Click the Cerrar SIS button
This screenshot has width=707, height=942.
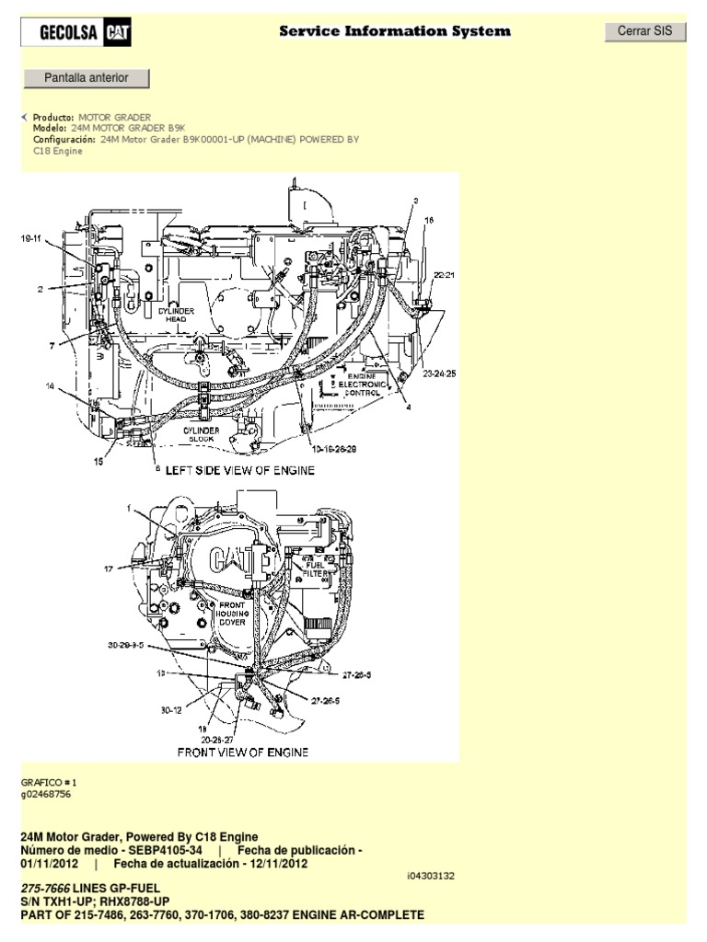point(644,31)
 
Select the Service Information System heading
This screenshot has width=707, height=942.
point(395,32)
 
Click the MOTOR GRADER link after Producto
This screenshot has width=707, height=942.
point(115,119)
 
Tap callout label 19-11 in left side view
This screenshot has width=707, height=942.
point(32,239)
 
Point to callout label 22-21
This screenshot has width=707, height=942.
point(445,275)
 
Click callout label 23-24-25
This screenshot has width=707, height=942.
point(439,374)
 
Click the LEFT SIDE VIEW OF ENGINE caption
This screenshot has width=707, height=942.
point(239,471)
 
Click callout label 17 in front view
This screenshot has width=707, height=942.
point(109,570)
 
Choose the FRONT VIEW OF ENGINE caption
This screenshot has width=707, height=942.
point(242,752)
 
